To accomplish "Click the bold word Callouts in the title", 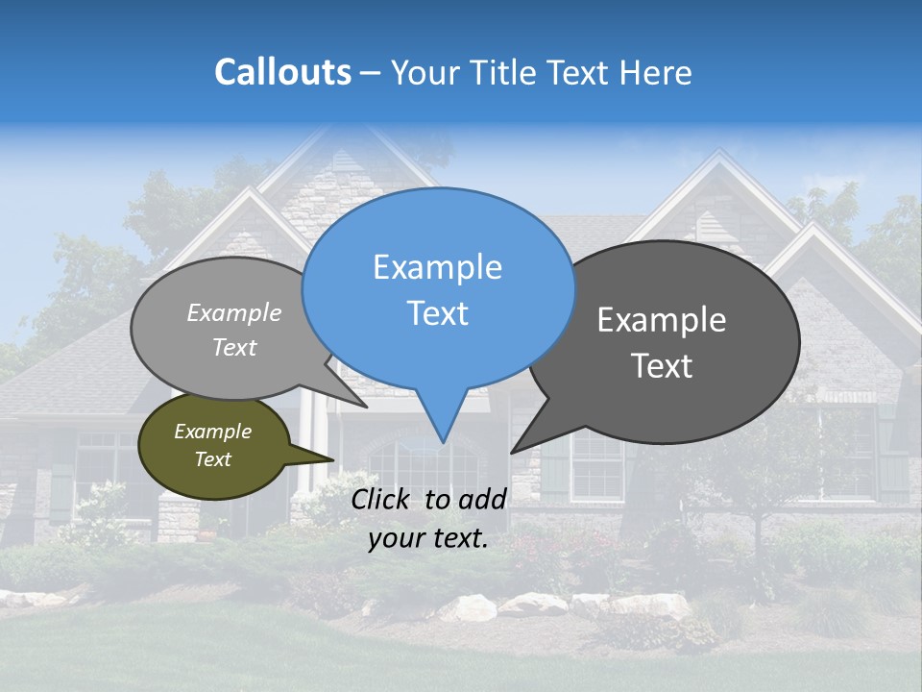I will pyautogui.click(x=282, y=72).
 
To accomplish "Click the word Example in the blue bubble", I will pyautogui.click(x=437, y=267).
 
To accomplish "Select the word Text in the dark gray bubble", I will pyautogui.click(x=663, y=366).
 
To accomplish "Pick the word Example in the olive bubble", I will pyautogui.click(x=212, y=432).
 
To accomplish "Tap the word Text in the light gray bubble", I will pyautogui.click(x=234, y=348).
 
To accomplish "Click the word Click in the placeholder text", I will pyautogui.click(x=380, y=498).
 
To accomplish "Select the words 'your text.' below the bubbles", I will pyautogui.click(x=428, y=539).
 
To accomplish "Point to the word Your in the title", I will pyautogui.click(x=425, y=72).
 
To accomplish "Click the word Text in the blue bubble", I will pyautogui.click(x=438, y=313).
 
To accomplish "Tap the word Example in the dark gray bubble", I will pyautogui.click(x=662, y=320).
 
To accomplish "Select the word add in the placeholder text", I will pyautogui.click(x=482, y=498).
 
